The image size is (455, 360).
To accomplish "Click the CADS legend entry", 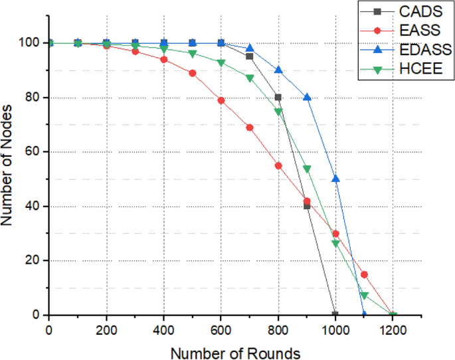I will coord(403,11).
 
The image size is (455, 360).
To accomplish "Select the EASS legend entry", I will coord(403,31).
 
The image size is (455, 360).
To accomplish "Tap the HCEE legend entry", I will coord(403,69).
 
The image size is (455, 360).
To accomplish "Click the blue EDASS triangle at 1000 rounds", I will coord(335,179).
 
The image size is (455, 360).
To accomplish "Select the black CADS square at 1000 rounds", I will coord(335,314).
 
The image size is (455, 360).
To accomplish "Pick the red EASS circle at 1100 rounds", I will coord(364,274).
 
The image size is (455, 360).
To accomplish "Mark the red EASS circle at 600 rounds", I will coord(221,100).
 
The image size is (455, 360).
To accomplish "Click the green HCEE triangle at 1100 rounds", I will coord(364,296).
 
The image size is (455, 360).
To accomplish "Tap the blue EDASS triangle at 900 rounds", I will coord(307,97).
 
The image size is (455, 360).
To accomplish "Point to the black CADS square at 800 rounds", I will coord(278,98).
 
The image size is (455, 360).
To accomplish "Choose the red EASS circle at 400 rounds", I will coord(163,59).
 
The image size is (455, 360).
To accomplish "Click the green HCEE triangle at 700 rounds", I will coord(250,78).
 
